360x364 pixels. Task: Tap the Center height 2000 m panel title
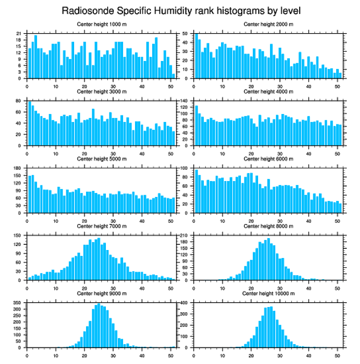[268, 24]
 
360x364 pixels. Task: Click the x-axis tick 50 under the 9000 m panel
[171, 354]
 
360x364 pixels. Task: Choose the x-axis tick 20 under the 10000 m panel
[251, 354]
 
